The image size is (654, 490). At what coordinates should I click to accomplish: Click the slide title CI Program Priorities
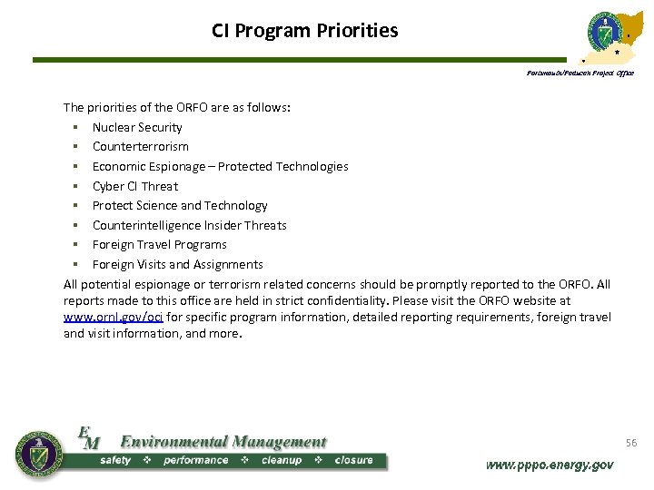(x=304, y=31)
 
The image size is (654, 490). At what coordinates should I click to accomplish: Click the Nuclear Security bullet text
(x=137, y=127)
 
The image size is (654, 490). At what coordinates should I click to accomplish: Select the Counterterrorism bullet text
(x=141, y=146)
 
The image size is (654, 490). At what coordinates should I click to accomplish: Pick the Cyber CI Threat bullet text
(x=135, y=186)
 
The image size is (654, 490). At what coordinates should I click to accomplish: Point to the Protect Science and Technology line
(x=180, y=205)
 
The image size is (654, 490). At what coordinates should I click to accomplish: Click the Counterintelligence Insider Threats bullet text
(x=189, y=225)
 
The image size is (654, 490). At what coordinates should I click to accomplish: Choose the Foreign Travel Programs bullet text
(x=160, y=244)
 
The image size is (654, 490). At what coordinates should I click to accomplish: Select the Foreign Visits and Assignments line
(x=178, y=264)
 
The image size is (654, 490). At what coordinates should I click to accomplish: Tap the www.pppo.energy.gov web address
(x=550, y=465)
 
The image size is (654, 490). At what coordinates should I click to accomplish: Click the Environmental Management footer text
(x=223, y=442)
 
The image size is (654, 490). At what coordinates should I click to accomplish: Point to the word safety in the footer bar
(x=115, y=460)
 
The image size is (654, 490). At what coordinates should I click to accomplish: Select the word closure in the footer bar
(x=353, y=460)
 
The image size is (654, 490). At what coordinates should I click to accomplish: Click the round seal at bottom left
(x=39, y=454)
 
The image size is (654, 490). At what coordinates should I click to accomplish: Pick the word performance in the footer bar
(x=195, y=460)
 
